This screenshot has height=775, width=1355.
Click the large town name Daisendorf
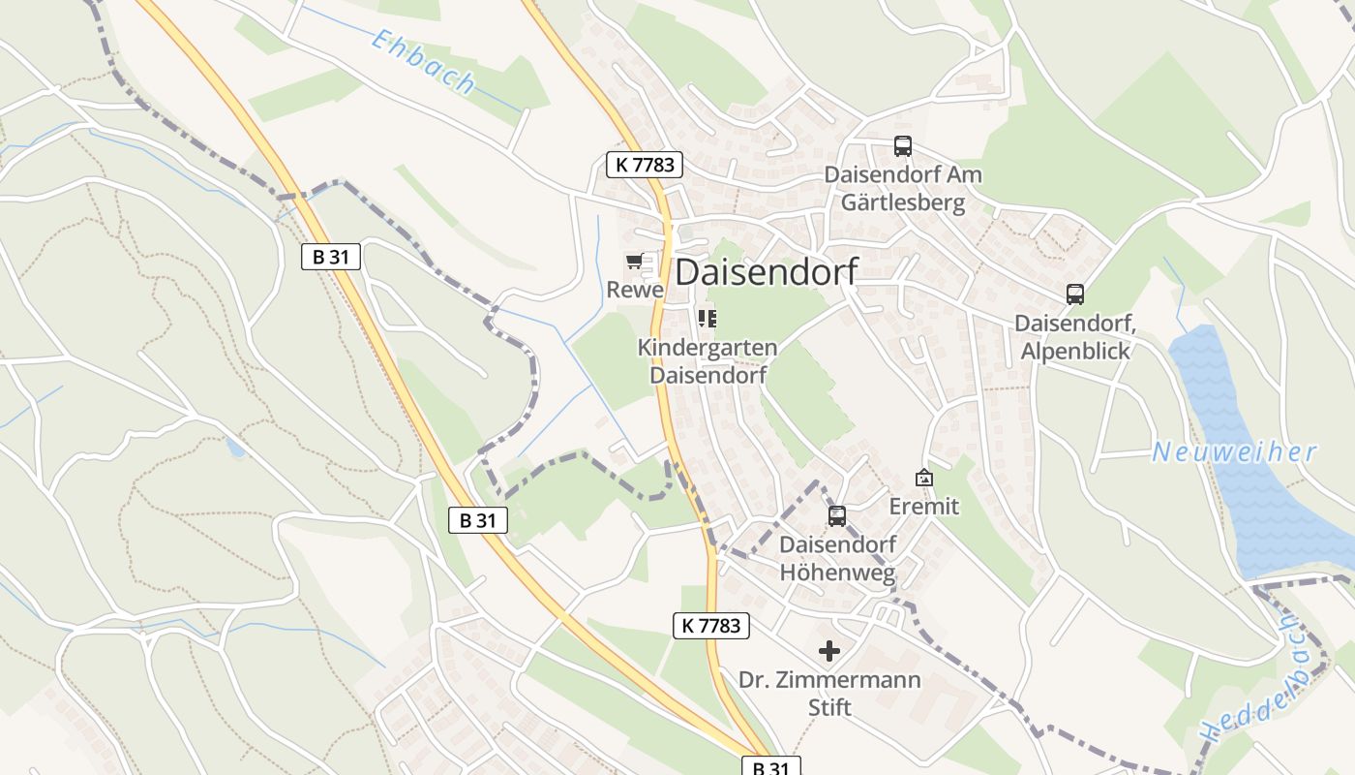[x=766, y=272]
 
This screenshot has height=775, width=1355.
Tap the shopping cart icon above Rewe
[x=634, y=261]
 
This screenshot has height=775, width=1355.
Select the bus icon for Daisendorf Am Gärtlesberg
[x=902, y=146]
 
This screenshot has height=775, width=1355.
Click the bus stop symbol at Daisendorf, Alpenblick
[x=1074, y=294]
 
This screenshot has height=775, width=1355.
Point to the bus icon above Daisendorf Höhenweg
[x=837, y=516]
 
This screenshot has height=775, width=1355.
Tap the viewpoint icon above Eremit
[x=924, y=478]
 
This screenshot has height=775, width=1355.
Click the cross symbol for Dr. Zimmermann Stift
[x=829, y=651]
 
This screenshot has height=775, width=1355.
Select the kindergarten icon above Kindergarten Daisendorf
[x=708, y=318]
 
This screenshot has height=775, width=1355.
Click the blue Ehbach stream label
[x=424, y=62]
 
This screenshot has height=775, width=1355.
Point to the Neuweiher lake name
[x=1234, y=452]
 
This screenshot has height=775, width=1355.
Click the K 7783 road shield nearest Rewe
[x=645, y=165]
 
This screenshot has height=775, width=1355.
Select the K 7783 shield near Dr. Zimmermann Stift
[x=711, y=626]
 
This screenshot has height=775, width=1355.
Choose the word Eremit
[x=924, y=506]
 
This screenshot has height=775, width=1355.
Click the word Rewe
[x=635, y=290]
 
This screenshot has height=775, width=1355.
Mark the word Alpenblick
[x=1075, y=351]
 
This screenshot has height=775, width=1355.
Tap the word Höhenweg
[x=837, y=573]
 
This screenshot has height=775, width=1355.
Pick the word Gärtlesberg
[x=902, y=202]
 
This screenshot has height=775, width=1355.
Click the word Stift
[x=829, y=707]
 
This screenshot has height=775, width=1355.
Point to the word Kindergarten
[x=707, y=347]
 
